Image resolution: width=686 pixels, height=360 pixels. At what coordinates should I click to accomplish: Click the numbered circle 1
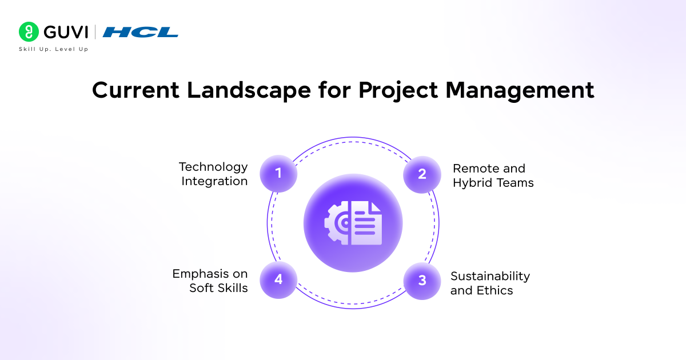pyautogui.click(x=278, y=173)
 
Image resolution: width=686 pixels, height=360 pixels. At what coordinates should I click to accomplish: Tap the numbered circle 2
pyautogui.click(x=422, y=174)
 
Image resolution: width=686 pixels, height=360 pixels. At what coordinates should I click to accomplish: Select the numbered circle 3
pyautogui.click(x=422, y=281)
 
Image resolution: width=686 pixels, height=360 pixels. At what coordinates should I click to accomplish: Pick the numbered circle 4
pyautogui.click(x=278, y=279)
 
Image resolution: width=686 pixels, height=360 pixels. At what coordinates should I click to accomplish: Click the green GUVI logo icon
pyautogui.click(x=28, y=32)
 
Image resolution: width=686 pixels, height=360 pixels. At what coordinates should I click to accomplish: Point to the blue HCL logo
pyautogui.click(x=140, y=32)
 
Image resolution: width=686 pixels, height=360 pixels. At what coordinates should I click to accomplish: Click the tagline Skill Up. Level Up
pyautogui.click(x=53, y=49)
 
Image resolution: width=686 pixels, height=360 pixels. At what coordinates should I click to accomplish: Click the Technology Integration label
pyautogui.click(x=214, y=174)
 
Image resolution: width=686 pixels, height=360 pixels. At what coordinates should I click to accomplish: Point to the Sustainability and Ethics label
pyautogui.click(x=490, y=283)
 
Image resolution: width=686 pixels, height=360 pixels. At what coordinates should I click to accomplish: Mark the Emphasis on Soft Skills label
pyautogui.click(x=210, y=281)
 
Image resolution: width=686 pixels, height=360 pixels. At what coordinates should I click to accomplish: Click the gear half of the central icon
pyautogui.click(x=338, y=223)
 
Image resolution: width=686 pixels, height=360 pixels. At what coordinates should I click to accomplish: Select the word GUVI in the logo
pyautogui.click(x=65, y=32)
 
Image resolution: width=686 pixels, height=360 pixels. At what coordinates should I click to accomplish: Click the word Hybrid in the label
pyautogui.click(x=472, y=183)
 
